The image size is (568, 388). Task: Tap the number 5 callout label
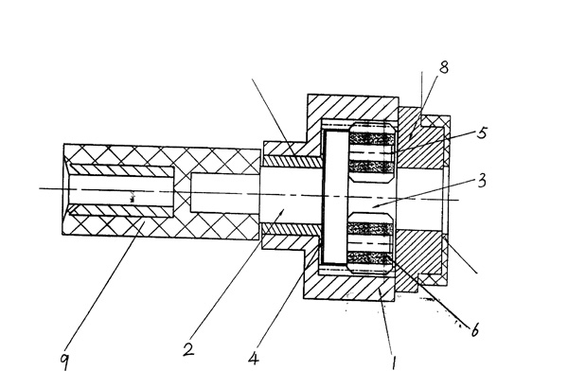click(x=483, y=134)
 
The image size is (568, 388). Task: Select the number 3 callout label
click(x=482, y=179)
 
